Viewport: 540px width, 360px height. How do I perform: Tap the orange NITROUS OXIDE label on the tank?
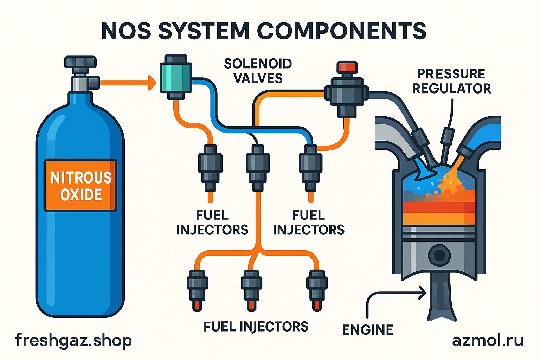81,186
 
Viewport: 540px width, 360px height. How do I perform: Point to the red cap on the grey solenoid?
347,66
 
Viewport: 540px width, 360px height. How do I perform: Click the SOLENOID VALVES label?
258,71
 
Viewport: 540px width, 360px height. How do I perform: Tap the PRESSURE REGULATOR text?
451,81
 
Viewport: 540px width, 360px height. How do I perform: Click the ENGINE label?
368,330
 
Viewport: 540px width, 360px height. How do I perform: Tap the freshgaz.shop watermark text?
74,340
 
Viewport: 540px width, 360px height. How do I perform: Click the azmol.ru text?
488,340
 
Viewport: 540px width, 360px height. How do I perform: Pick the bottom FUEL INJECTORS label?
256,326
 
